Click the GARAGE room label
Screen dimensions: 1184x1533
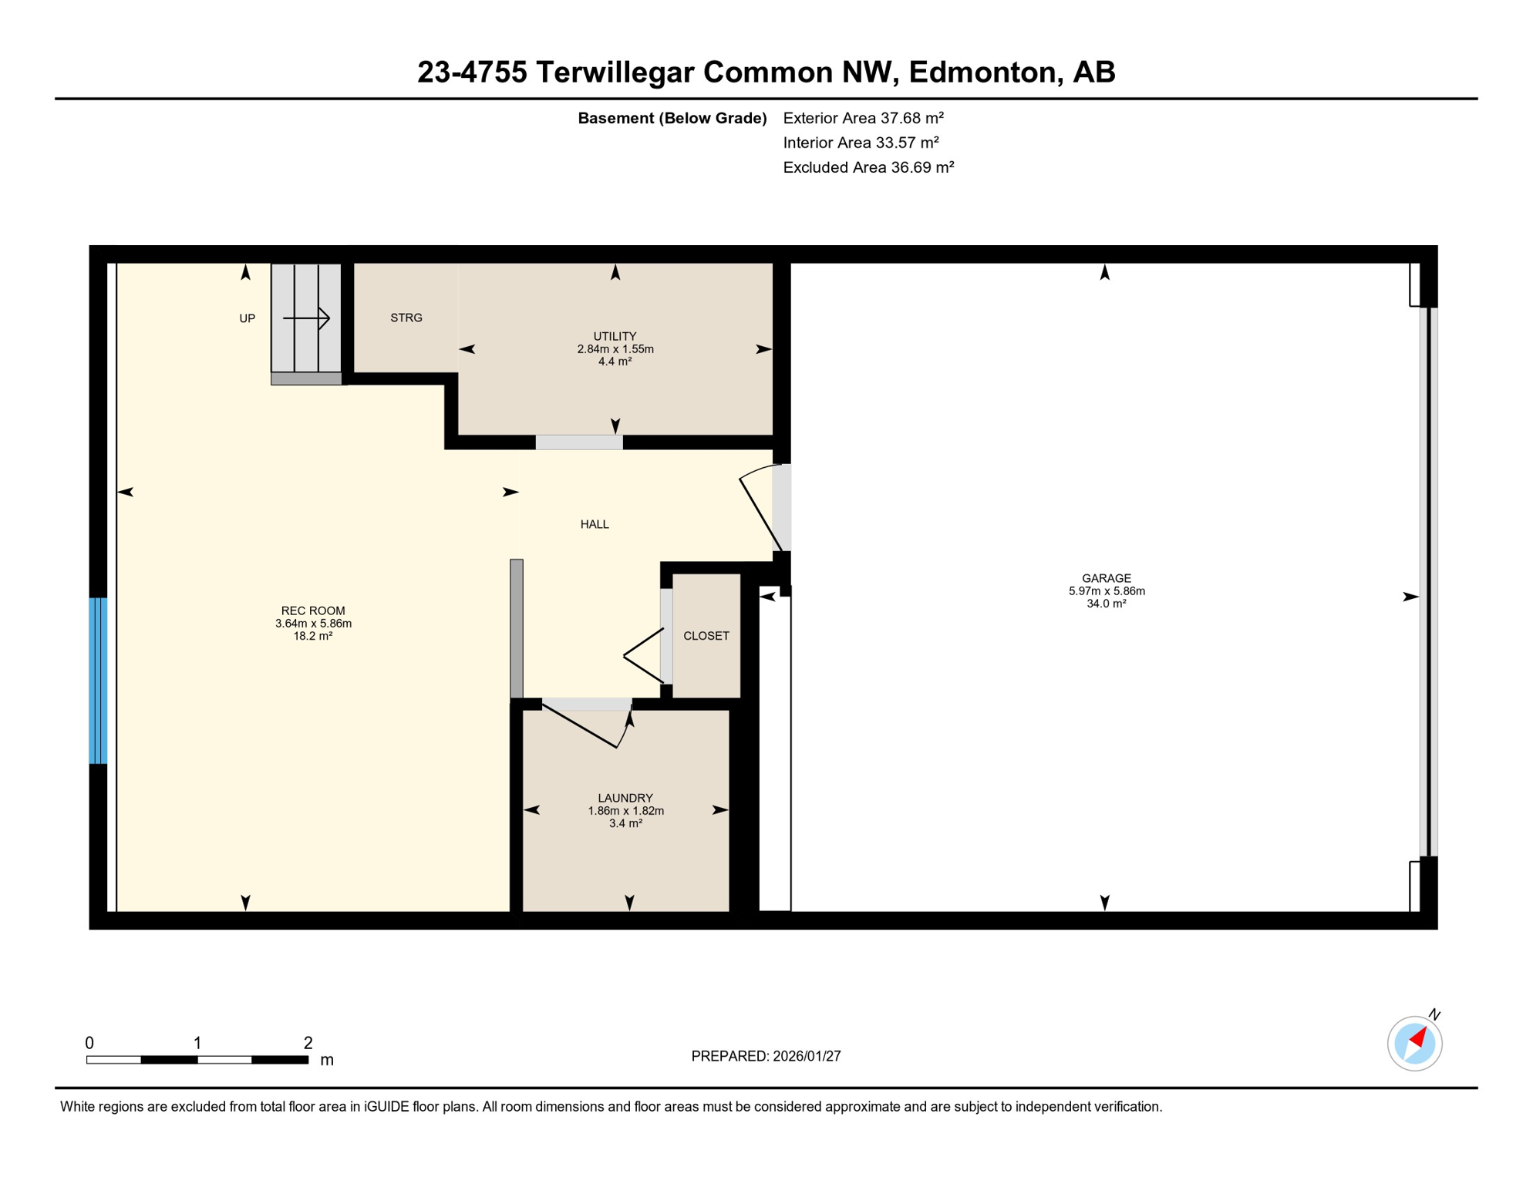[x=1106, y=578]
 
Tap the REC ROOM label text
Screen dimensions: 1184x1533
[x=313, y=610]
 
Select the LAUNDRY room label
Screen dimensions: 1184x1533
[x=625, y=798]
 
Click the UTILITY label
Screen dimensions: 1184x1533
[x=615, y=336]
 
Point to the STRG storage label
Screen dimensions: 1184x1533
[x=406, y=318]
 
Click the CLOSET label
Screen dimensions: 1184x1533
[x=706, y=636]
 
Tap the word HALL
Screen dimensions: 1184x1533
[x=595, y=524]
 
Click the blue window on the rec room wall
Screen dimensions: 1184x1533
[x=98, y=680]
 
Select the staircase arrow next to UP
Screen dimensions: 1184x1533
[x=307, y=318]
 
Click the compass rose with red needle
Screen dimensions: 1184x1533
[x=1414, y=1043]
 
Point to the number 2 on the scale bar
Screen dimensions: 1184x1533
[x=308, y=1043]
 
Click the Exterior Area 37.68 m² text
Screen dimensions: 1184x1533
[x=863, y=118]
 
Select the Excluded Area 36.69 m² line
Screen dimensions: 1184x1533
[x=868, y=167]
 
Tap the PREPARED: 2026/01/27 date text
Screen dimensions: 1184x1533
[x=766, y=1056]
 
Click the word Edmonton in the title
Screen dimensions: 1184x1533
[x=980, y=72]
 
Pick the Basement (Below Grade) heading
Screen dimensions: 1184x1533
[x=672, y=118]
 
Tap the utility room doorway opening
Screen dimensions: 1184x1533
[x=579, y=442]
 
